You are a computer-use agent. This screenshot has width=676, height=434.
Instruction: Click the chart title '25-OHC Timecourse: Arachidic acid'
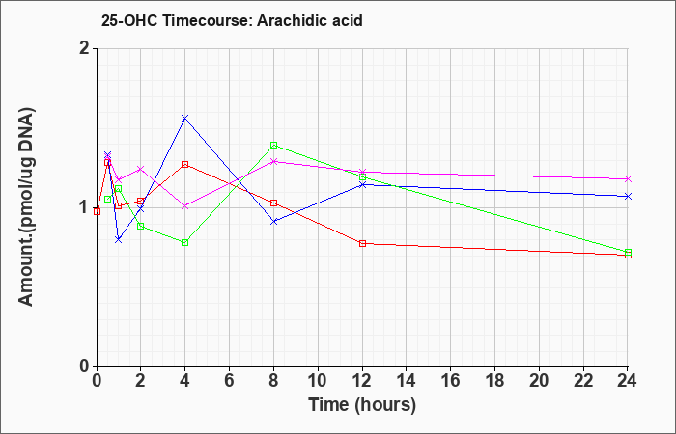(x=232, y=20)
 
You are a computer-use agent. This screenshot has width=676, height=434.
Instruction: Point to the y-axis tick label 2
(x=85, y=48)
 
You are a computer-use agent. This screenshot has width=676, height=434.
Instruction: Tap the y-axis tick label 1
(x=85, y=207)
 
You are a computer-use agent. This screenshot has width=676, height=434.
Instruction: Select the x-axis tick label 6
(x=230, y=381)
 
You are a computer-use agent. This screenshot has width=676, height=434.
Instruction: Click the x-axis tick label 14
(x=407, y=381)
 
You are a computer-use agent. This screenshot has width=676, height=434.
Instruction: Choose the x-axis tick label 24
(x=627, y=381)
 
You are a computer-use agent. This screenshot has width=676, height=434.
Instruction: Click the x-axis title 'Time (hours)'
(x=362, y=405)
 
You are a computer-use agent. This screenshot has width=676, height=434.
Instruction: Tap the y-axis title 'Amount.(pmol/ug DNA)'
(x=26, y=206)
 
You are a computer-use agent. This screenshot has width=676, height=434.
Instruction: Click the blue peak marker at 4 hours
(x=185, y=118)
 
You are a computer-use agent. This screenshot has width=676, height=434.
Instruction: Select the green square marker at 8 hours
(x=273, y=145)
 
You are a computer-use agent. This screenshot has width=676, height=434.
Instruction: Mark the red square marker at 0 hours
(x=97, y=211)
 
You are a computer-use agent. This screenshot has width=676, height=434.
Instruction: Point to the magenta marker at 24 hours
(x=628, y=178)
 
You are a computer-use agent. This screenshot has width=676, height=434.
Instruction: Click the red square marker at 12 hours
(x=362, y=243)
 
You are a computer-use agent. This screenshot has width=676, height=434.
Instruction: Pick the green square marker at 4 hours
(x=185, y=242)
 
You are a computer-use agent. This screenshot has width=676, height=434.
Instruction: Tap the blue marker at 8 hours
(x=273, y=221)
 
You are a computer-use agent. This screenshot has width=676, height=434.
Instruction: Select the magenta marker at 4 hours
(x=185, y=206)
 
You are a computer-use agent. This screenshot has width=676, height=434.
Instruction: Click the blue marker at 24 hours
(x=628, y=197)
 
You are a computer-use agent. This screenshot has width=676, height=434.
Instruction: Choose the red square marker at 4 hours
(x=185, y=164)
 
